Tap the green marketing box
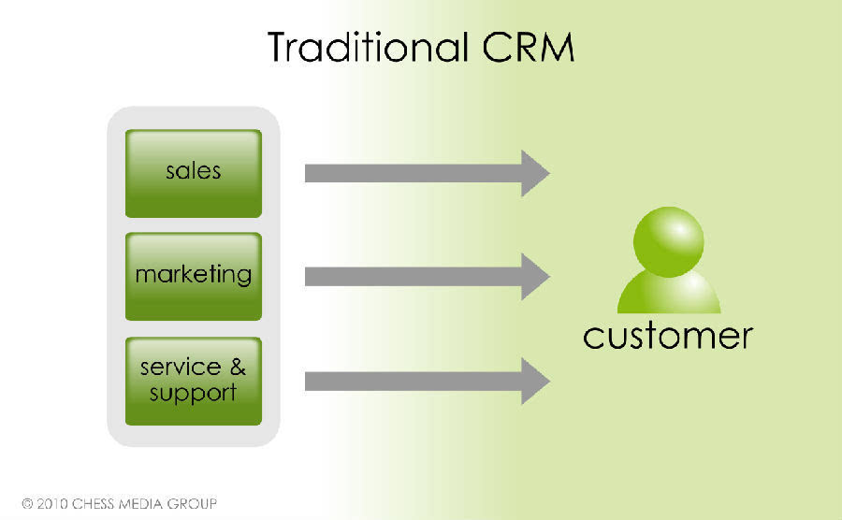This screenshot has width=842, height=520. (x=194, y=276)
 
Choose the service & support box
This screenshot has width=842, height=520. (x=194, y=380)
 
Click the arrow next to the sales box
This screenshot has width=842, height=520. (x=412, y=173)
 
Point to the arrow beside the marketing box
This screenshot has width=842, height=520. (x=412, y=277)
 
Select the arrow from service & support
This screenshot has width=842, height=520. (x=412, y=381)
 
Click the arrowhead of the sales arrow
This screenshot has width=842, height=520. (x=534, y=173)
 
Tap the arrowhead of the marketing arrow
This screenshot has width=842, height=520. (x=534, y=277)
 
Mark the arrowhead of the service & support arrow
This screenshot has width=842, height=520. (x=534, y=381)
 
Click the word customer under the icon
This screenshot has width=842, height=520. (x=667, y=335)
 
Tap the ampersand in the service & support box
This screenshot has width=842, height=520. (x=238, y=367)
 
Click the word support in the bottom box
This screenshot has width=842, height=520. (x=194, y=392)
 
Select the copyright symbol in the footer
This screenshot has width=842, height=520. (x=28, y=504)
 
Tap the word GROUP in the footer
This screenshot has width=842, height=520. (x=194, y=504)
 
